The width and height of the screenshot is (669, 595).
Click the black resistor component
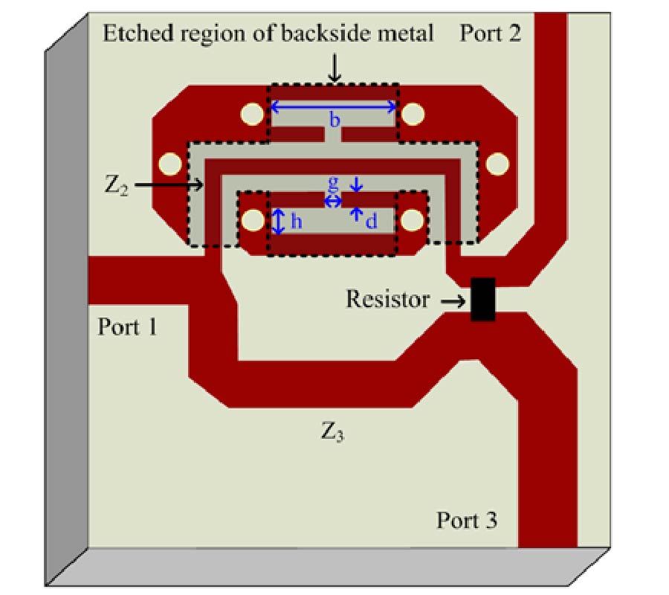pos(483,299)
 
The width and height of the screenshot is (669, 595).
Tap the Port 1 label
pos(128,327)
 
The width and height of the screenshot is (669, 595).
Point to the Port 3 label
pos(466,520)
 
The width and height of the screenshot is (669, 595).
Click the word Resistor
pos(387,300)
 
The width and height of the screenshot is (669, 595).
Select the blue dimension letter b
pos(334,120)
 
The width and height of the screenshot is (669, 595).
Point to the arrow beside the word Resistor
pos(450,300)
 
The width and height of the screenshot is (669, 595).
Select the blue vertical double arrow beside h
pos(278,221)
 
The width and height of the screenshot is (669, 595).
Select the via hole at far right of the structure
pos(497,162)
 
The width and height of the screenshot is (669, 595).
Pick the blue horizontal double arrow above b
pos(333,107)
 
